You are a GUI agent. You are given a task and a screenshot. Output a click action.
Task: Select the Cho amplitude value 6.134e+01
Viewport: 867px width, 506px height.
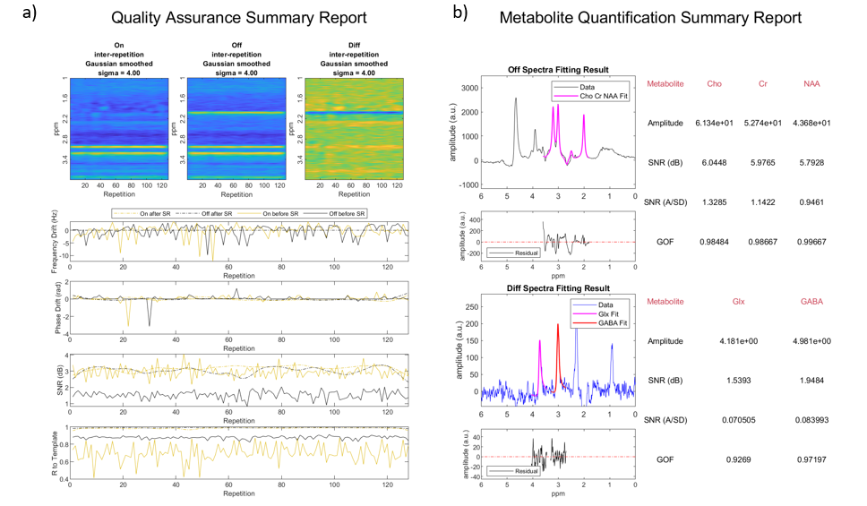715,123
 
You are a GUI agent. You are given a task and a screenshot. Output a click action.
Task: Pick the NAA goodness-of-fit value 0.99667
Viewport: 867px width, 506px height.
811,241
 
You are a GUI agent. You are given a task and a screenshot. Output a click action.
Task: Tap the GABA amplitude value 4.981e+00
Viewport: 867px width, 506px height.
811,341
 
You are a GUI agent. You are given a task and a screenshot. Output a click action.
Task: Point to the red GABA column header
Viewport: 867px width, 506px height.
811,302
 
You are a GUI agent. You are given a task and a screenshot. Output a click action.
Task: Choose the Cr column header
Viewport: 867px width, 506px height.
763,83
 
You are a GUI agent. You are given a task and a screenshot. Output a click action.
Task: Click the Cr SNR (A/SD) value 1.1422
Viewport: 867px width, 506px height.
763,202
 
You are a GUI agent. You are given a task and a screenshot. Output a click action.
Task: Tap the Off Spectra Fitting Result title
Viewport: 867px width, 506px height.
559,70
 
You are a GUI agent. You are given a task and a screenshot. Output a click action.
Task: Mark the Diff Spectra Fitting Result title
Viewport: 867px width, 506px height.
559,288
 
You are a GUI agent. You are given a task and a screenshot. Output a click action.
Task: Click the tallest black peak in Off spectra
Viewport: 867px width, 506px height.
516,99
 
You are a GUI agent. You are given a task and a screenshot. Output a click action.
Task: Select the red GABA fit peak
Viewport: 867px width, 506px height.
558,326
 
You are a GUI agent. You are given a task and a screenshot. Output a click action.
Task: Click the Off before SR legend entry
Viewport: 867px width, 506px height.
345,213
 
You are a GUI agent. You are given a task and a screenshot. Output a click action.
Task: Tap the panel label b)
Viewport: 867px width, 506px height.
460,12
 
